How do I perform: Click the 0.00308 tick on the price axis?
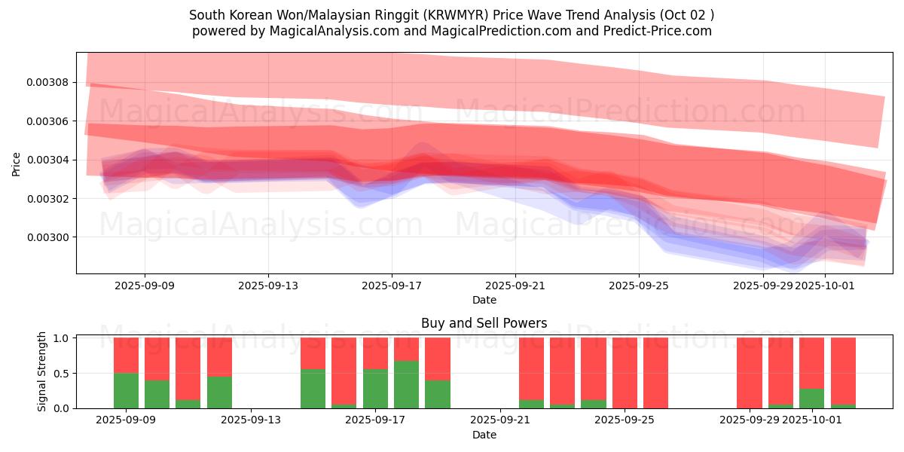48,82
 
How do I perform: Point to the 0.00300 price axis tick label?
48,237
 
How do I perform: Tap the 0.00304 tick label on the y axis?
48,160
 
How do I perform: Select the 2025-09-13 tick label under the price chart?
268,286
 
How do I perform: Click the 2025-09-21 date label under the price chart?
515,286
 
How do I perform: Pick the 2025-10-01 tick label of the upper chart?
826,286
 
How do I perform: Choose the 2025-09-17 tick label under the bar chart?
375,420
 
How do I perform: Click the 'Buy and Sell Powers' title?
484,323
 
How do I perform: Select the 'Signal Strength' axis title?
42,371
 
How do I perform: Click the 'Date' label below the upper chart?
484,300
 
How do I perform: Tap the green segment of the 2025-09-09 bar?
126,390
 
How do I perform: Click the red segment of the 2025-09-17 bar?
375,353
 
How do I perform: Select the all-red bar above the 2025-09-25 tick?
625,373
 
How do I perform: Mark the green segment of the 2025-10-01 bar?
811,399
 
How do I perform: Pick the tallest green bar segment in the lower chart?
406,384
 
